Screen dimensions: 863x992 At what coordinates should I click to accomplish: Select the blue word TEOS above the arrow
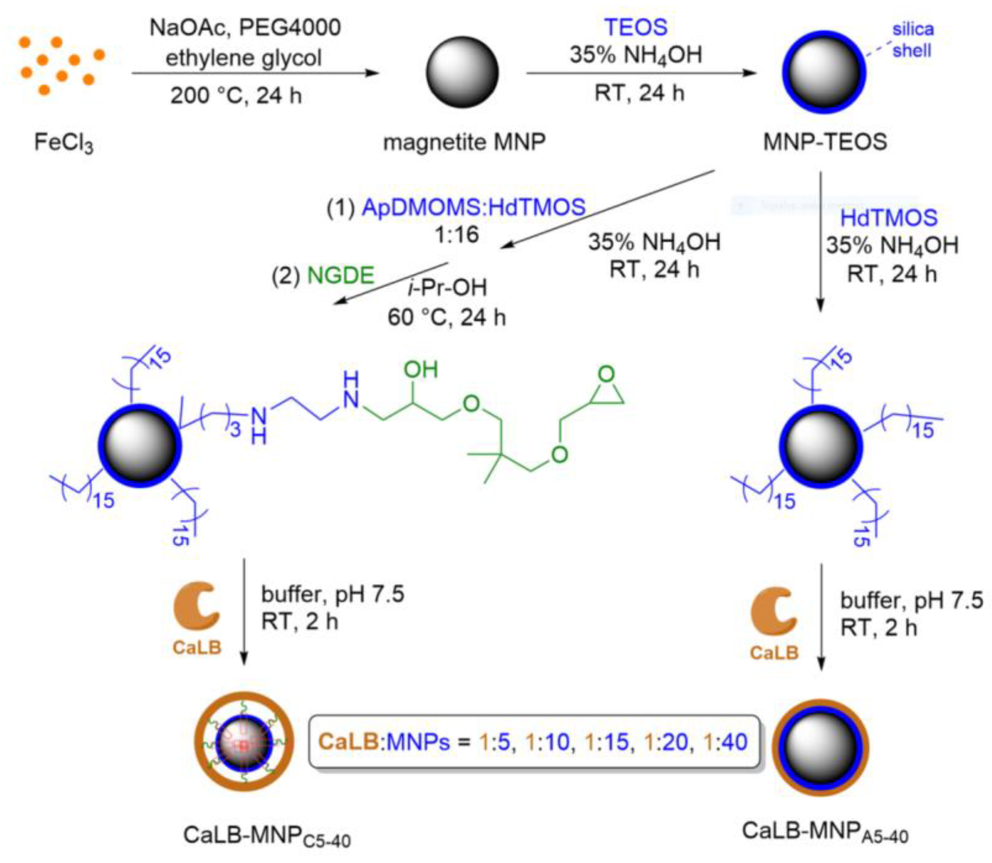[x=636, y=27]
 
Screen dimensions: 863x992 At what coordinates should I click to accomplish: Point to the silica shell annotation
[x=912, y=40]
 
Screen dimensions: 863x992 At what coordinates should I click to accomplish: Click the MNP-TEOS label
[x=825, y=142]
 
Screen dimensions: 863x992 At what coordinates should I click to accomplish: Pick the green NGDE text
[x=340, y=275]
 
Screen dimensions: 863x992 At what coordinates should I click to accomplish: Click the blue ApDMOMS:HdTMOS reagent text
[x=473, y=207]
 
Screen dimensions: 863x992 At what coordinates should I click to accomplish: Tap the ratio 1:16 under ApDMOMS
[x=456, y=235]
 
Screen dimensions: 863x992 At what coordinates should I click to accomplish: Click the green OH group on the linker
[x=420, y=370]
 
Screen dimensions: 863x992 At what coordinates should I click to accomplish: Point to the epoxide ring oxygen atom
[x=606, y=374]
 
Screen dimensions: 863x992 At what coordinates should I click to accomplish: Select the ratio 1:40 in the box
[x=725, y=742]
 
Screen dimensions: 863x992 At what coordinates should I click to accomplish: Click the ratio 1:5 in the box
[x=494, y=742]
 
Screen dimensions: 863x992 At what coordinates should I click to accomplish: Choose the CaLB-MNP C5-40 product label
[x=267, y=835]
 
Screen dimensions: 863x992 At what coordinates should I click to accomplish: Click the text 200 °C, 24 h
[x=235, y=95]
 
